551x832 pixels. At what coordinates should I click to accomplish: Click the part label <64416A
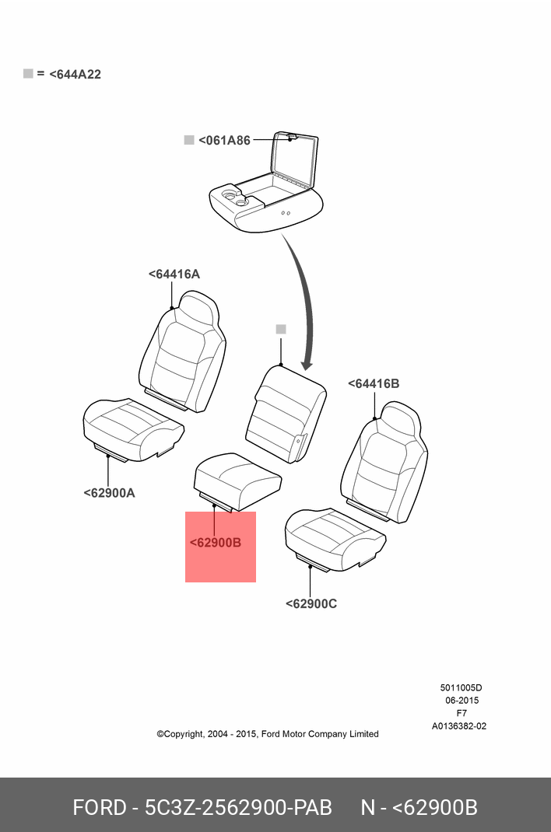click(x=174, y=274)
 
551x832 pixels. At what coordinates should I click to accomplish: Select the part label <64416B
click(x=374, y=384)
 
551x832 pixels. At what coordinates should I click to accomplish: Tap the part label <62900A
click(x=109, y=492)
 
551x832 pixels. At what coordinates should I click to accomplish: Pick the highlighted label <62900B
click(x=216, y=543)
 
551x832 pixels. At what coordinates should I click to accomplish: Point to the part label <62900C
click(x=311, y=603)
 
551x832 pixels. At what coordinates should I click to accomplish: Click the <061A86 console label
click(x=224, y=141)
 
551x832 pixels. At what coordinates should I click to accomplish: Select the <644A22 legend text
click(x=75, y=75)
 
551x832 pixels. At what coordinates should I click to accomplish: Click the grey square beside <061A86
click(x=188, y=140)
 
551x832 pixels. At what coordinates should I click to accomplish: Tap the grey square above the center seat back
click(x=281, y=330)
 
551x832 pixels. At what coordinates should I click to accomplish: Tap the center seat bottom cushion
click(x=237, y=477)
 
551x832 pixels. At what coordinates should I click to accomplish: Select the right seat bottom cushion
click(x=335, y=536)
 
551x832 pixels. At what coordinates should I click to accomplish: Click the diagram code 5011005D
click(x=461, y=687)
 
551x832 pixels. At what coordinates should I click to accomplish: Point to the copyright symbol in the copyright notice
click(x=160, y=734)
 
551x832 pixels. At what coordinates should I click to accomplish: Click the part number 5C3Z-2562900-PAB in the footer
click(x=238, y=807)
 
